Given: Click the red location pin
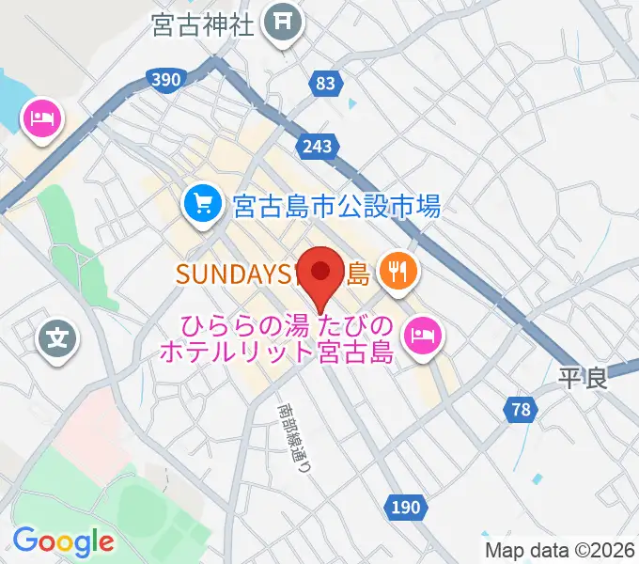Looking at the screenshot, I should click(320, 274).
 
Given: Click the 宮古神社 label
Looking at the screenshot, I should click(202, 23).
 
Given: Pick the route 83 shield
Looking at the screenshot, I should click(325, 84).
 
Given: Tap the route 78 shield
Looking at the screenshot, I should click(522, 409).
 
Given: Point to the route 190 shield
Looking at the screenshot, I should click(403, 508).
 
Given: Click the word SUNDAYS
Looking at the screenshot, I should click(229, 274).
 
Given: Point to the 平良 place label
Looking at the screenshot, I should click(583, 378).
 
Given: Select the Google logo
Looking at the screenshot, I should click(63, 540).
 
